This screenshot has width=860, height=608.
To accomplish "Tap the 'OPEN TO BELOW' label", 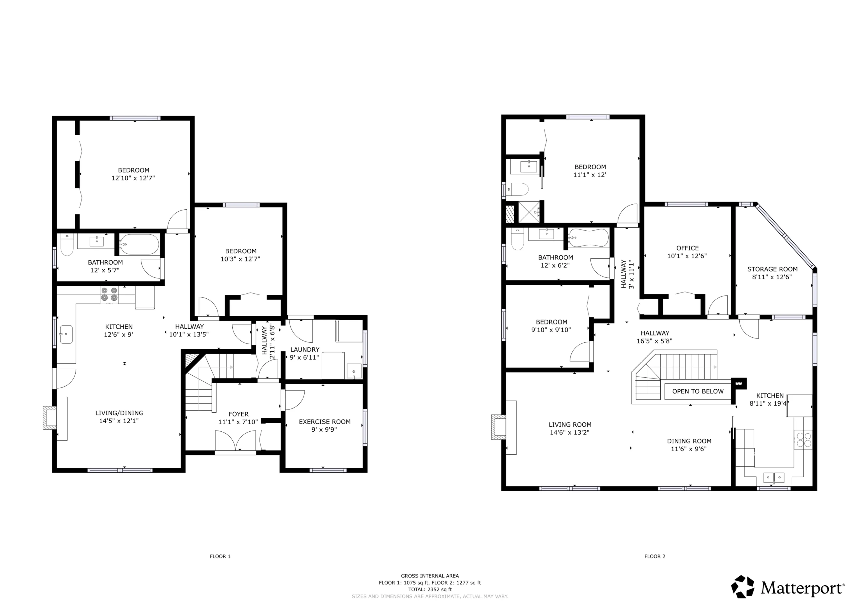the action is pyautogui.click(x=698, y=391).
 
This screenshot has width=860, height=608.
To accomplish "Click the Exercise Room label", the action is pyautogui.click(x=324, y=422).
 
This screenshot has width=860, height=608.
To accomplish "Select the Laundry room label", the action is pyautogui.click(x=305, y=350).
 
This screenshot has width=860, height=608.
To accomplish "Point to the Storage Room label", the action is pyautogui.click(x=772, y=269).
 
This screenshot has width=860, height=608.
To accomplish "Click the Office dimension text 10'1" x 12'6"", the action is pyautogui.click(x=687, y=256).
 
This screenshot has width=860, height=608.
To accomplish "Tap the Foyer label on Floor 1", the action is pyautogui.click(x=239, y=414).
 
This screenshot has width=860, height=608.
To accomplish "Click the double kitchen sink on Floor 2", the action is pyautogui.click(x=774, y=478).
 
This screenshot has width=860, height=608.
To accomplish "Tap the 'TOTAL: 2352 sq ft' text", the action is pyautogui.click(x=430, y=589).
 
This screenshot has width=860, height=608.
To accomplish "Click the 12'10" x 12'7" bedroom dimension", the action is pyautogui.click(x=133, y=178).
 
